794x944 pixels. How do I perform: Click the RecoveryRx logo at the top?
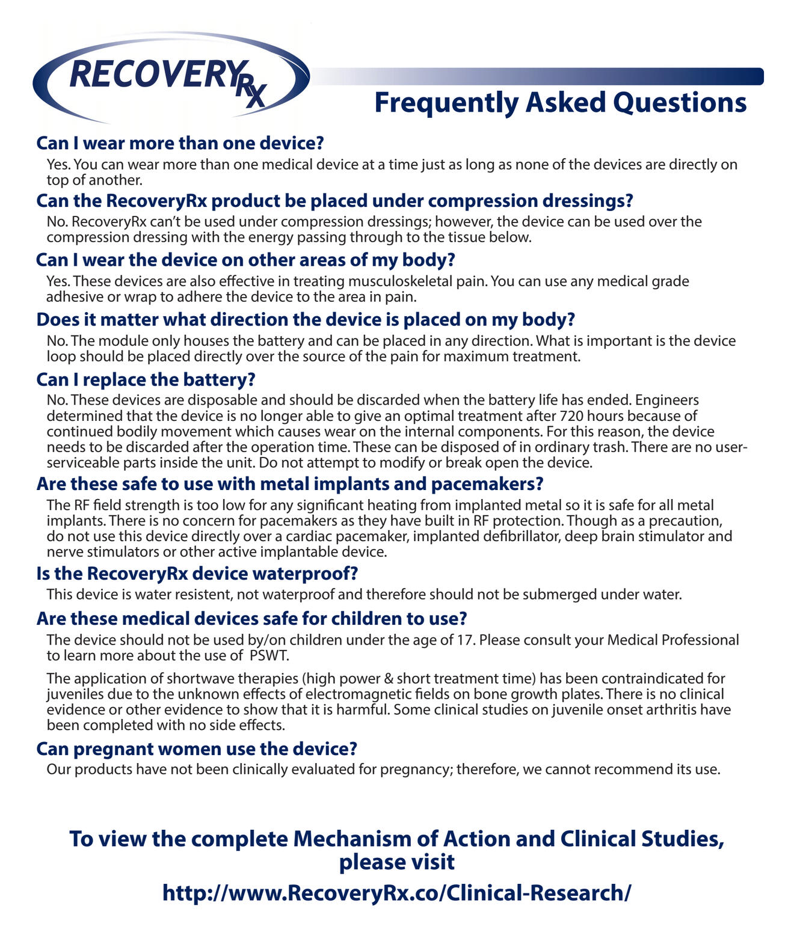(x=171, y=78)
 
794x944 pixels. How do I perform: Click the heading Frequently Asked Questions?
(x=560, y=103)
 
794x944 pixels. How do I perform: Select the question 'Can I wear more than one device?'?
(x=180, y=143)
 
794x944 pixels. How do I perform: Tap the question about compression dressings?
(x=334, y=201)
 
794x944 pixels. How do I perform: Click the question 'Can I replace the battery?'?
(x=146, y=379)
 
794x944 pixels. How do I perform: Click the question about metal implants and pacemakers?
(x=289, y=484)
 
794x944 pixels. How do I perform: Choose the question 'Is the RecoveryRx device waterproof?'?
(x=197, y=574)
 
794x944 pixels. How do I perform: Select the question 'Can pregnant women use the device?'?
(x=196, y=749)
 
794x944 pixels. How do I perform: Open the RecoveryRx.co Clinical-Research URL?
(x=396, y=892)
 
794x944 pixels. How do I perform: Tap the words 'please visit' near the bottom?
(x=396, y=862)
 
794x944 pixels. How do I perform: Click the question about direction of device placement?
(x=306, y=319)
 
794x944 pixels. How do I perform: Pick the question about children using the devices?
(x=251, y=619)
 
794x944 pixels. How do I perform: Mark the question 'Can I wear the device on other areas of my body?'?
(x=245, y=260)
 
